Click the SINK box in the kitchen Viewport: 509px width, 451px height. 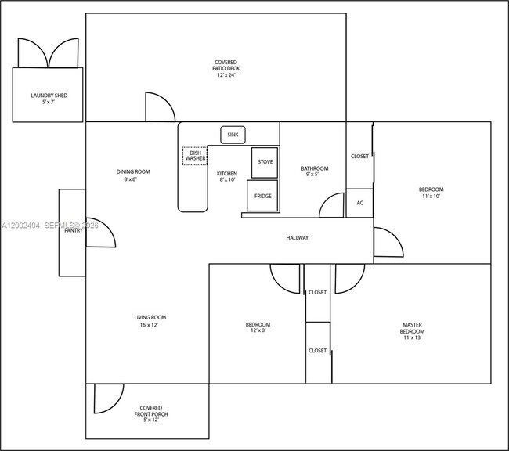[x=233, y=135]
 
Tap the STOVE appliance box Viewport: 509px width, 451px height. [x=264, y=162]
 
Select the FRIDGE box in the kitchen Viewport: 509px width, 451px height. [x=262, y=196]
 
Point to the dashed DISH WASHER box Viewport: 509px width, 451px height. [x=195, y=155]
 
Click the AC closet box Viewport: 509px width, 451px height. [x=359, y=203]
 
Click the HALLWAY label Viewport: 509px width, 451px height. [x=297, y=237]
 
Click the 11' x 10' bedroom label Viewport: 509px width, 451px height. [x=431, y=193]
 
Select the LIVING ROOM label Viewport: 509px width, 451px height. [x=150, y=320]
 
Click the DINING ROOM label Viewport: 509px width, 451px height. [x=133, y=175]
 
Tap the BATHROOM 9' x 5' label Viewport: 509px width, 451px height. [x=314, y=171]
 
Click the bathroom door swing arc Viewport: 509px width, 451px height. [x=332, y=207]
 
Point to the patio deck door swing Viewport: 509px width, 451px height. [x=159, y=108]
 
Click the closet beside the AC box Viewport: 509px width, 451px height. [x=359, y=156]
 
